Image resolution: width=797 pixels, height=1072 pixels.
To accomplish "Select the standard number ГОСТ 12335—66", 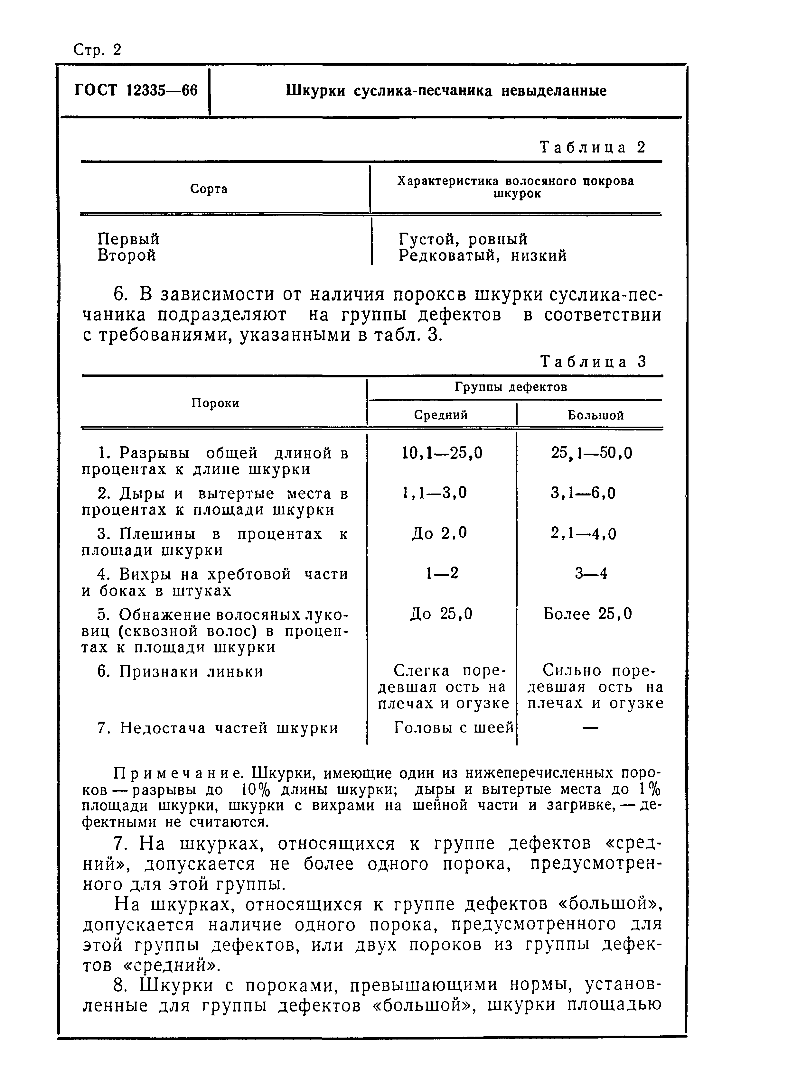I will pos(136,91).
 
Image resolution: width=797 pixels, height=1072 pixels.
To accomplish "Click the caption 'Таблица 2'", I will pos(593,147).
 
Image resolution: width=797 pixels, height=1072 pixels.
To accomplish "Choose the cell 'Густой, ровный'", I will pos(463,239).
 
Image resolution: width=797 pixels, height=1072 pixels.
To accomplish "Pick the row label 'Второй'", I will pos(127,255).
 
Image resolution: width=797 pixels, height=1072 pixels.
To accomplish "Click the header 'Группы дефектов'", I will pos(511,387).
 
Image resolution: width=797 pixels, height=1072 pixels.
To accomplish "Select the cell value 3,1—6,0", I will pos(583,493).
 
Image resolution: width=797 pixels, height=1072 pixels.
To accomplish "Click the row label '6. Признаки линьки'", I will pos(181,671).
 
